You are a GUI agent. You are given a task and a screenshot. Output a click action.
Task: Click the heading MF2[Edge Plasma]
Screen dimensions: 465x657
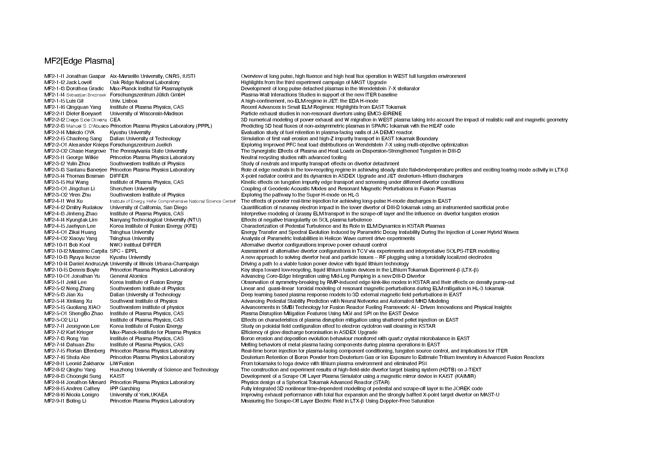[x=79, y=61]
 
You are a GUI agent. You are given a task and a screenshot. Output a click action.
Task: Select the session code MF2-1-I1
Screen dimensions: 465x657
[x=54, y=76]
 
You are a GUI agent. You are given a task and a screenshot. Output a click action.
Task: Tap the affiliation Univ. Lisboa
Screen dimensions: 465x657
[x=124, y=101]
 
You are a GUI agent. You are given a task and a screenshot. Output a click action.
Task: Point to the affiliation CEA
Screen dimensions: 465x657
[x=115, y=120]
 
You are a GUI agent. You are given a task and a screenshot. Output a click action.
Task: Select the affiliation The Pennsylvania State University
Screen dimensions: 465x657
[x=148, y=151]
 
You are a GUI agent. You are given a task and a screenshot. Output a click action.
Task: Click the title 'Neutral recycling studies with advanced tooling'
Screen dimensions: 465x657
[x=294, y=157]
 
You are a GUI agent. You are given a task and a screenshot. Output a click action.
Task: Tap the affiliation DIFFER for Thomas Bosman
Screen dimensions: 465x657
[x=119, y=176]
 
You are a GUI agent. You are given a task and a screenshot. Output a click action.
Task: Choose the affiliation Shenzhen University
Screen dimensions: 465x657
[x=133, y=189]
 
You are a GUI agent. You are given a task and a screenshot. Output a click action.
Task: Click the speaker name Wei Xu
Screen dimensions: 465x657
[x=74, y=201]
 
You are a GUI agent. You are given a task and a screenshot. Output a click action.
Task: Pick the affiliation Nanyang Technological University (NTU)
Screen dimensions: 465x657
[x=155, y=220]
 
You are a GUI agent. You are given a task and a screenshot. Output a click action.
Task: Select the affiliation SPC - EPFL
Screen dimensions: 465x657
[x=124, y=251]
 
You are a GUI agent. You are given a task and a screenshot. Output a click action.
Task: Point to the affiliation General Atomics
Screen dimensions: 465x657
[x=128, y=276]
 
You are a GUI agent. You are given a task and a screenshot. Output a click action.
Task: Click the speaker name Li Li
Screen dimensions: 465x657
[x=73, y=320]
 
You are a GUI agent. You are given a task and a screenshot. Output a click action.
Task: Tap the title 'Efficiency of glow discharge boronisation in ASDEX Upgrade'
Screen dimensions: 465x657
[x=309, y=332]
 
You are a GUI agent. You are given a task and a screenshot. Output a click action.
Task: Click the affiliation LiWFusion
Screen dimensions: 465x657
[x=122, y=364]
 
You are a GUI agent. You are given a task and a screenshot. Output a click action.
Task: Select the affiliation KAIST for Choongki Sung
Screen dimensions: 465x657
[x=117, y=376]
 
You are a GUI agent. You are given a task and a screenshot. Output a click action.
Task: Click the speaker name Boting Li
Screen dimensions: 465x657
[x=76, y=401]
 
